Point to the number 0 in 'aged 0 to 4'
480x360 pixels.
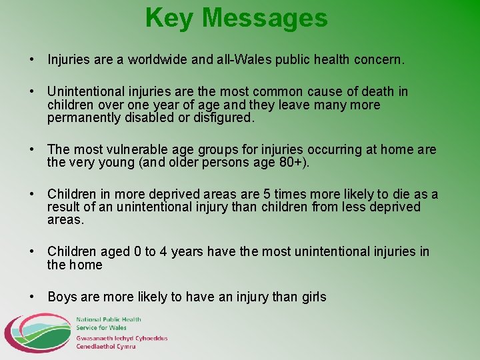click(x=137, y=252)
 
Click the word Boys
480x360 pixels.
click(x=63, y=297)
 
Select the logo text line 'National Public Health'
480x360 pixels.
click(x=107, y=321)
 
